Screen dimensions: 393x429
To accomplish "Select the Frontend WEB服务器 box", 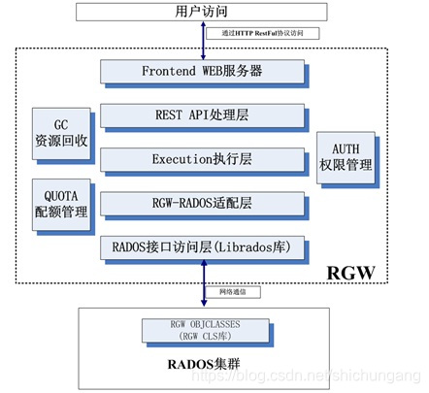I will (201, 71).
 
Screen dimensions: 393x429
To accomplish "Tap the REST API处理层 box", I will (201, 115).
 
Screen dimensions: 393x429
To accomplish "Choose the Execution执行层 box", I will (201, 158).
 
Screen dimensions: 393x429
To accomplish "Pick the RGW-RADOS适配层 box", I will (201, 203).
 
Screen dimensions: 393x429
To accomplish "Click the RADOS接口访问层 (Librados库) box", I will (201, 246).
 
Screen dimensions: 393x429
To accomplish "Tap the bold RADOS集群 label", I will (202, 367).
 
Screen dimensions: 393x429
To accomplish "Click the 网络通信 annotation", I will (235, 291).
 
